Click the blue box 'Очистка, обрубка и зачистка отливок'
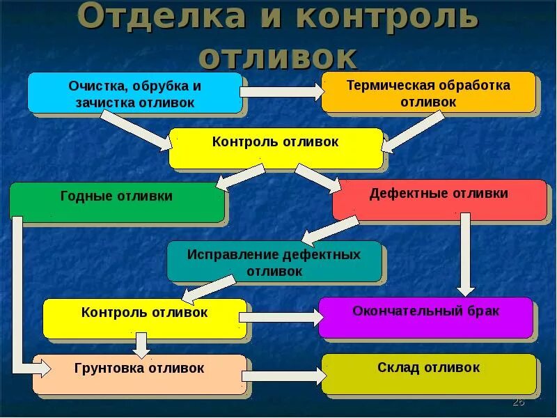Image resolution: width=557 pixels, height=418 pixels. tap(135, 93)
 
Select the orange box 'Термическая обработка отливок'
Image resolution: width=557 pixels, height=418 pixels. tap(427, 93)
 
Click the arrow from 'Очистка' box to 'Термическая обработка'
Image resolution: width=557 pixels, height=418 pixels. tap(282, 91)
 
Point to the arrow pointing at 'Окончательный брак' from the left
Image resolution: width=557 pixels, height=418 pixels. tap(282, 317)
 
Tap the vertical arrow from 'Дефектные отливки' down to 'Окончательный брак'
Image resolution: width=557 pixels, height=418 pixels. tap(466, 254)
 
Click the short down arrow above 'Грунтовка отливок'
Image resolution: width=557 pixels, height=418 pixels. tap(141, 345)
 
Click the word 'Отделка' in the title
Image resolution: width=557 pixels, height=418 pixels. tap(159, 17)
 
